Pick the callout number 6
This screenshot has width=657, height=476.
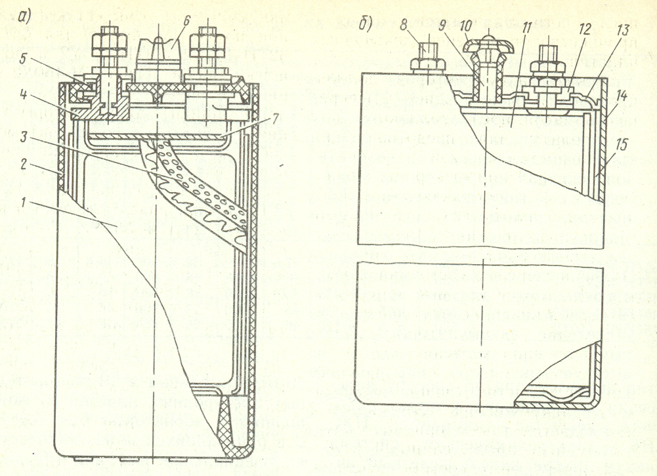click(188, 21)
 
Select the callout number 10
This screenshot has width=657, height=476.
click(463, 27)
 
